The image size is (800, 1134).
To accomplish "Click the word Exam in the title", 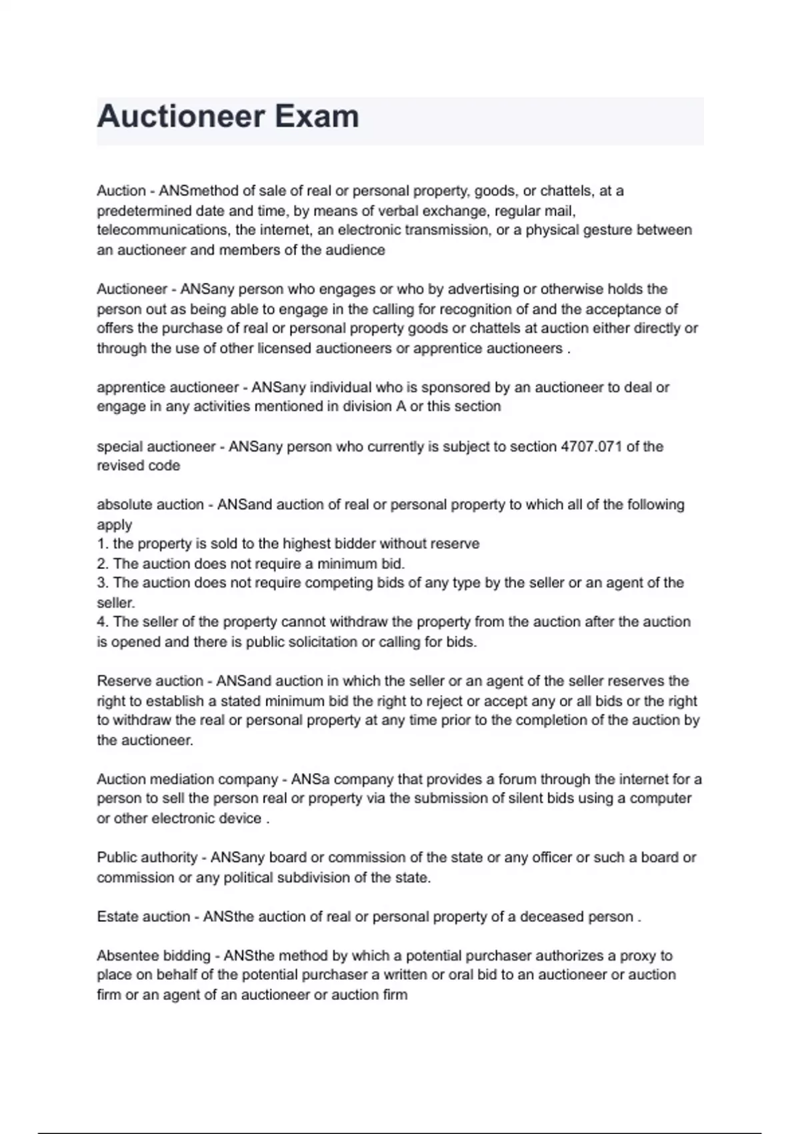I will [317, 117].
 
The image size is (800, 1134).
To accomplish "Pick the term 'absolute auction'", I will [150, 505].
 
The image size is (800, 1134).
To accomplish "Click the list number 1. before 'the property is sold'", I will [103, 544].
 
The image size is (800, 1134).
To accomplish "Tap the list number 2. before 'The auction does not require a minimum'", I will [103, 564].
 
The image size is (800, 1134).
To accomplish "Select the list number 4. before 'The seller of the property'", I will [103, 622].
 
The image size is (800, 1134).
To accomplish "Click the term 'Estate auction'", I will [143, 917].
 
